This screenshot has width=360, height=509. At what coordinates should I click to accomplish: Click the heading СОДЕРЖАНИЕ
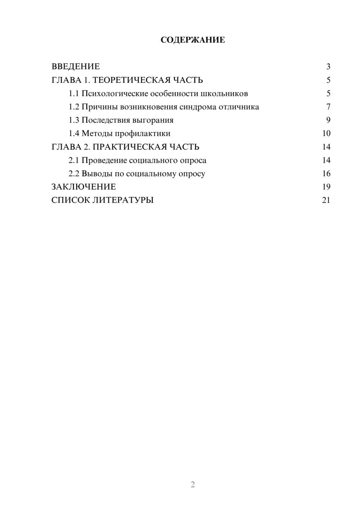tap(193, 40)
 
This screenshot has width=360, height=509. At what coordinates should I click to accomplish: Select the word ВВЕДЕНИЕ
tap(76, 67)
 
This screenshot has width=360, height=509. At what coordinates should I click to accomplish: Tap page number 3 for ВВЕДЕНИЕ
tap(328, 67)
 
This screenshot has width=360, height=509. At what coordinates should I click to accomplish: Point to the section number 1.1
tap(74, 94)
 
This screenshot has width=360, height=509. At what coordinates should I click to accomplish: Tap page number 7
tap(328, 107)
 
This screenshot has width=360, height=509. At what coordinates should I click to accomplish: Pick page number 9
tap(328, 120)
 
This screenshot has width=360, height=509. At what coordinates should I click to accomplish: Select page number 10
tap(326, 134)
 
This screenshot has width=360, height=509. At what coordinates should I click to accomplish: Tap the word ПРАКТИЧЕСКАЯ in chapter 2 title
tap(126, 147)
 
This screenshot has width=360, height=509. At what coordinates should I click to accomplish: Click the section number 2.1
tap(74, 160)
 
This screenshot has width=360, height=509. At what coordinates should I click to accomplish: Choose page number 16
tap(326, 174)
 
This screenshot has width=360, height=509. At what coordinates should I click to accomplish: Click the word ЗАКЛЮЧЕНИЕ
tap(84, 187)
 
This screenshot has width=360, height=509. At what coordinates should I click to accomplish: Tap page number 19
tap(326, 187)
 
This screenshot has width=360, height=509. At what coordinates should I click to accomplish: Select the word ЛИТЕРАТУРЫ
tap(123, 200)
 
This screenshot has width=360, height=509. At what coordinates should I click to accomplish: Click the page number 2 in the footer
tap(193, 485)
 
